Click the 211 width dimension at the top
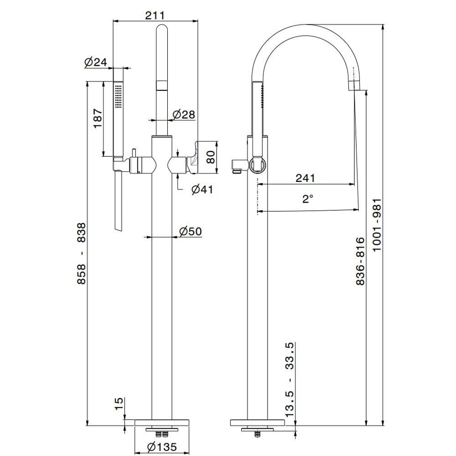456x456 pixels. click(x=155, y=15)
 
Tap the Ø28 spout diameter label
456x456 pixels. click(x=184, y=114)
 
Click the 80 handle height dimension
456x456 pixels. click(x=210, y=157)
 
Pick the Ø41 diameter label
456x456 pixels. click(x=202, y=189)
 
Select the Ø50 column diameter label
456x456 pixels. click(x=190, y=231)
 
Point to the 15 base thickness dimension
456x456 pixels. click(x=119, y=404)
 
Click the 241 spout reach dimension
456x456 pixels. click(x=305, y=178)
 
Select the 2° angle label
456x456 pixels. click(x=308, y=199)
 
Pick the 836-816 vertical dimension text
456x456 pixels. click(x=360, y=261)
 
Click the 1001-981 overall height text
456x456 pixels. click(x=376, y=225)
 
